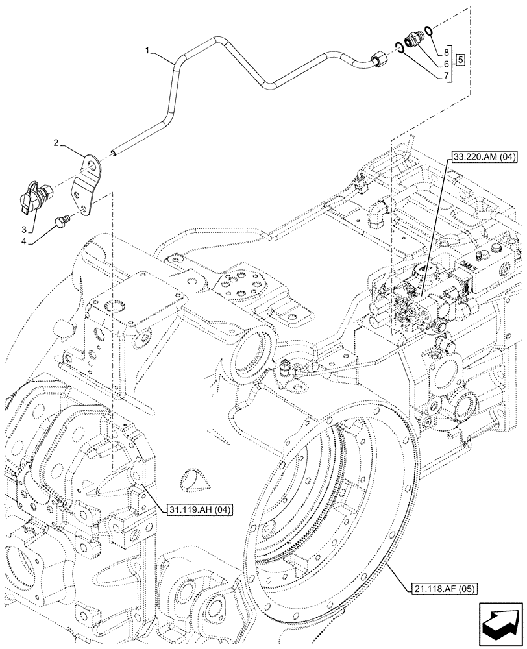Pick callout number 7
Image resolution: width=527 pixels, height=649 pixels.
[x=447, y=76]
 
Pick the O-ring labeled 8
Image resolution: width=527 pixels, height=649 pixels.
[x=429, y=31]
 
